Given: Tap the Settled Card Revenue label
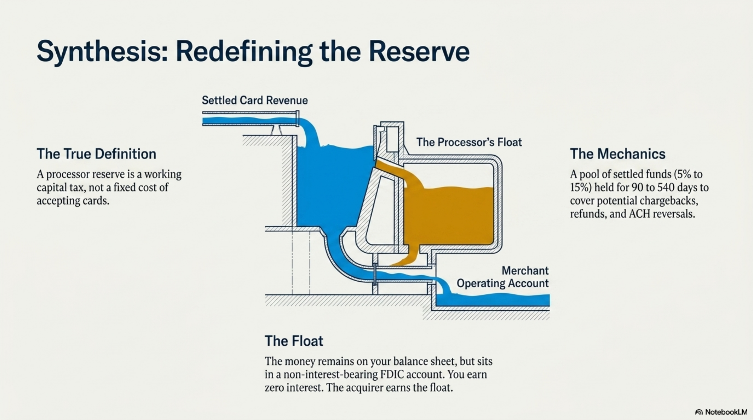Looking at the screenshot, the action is point(255,100).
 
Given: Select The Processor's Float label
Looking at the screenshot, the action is point(469,142).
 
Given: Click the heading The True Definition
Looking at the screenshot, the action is point(97,154).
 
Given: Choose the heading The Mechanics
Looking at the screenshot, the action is point(618,154).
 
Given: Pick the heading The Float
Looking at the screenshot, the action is point(294,341).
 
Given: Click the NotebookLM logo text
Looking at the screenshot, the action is point(726,412).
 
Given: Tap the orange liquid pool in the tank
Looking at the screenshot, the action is point(449,216).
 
